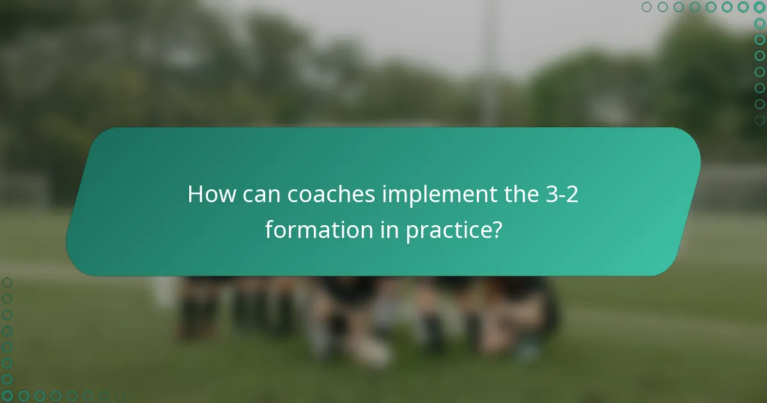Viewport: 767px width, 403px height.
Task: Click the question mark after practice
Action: pyautogui.click(x=495, y=230)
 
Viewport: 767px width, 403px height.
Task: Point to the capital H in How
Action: pyautogui.click(x=196, y=195)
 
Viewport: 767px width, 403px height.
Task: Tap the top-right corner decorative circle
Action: pyautogui.click(x=759, y=7)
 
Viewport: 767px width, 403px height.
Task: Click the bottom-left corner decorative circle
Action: pyautogui.click(x=7, y=396)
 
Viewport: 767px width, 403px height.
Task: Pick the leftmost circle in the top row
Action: pyautogui.click(x=647, y=7)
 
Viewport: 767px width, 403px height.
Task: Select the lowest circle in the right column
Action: pyautogui.click(x=759, y=120)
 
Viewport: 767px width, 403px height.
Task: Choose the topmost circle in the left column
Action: pyautogui.click(x=7, y=282)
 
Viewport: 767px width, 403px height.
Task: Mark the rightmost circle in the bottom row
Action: pyautogui.click(x=120, y=396)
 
